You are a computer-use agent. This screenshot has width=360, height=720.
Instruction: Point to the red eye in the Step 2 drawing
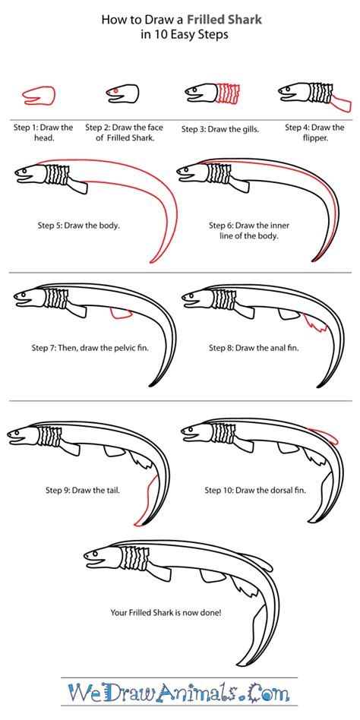coord(115,91)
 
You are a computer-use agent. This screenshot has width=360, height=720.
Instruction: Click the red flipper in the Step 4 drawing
coord(340,103)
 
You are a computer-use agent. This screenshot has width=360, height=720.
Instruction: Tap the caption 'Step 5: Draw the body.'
coord(78,226)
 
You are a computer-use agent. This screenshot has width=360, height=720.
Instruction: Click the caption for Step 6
coord(249,231)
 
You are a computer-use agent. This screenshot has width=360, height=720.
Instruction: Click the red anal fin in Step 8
coord(315,323)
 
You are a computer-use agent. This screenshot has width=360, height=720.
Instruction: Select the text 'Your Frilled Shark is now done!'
coord(166,612)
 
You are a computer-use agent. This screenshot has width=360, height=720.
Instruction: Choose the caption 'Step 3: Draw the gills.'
coord(220,129)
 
